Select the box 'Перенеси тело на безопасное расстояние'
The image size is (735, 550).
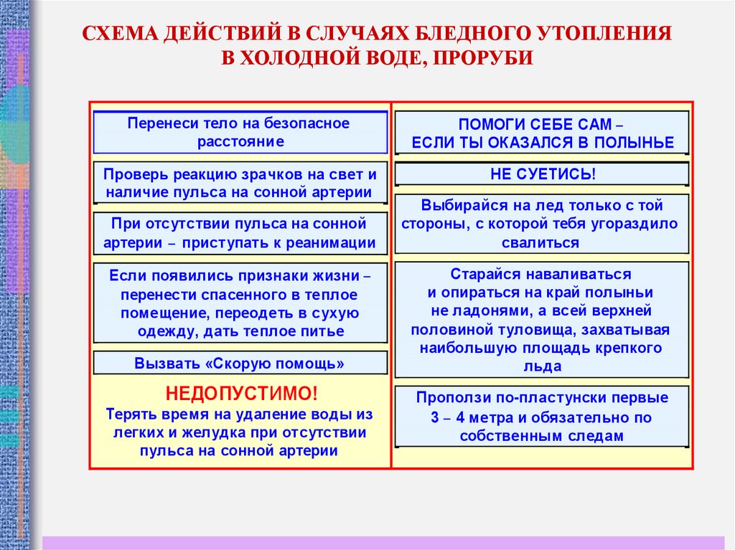click(240, 133)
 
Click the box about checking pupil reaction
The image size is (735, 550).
click(240, 183)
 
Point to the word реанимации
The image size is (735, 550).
click(331, 242)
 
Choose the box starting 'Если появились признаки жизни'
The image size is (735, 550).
click(240, 303)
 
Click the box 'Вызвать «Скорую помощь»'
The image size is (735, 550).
click(240, 364)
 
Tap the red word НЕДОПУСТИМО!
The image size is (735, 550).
click(240, 394)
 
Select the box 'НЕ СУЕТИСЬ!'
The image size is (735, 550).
click(542, 174)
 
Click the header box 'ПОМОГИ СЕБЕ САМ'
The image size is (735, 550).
click(542, 133)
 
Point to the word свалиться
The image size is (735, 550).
click(542, 242)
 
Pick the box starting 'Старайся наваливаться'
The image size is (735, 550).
click(542, 320)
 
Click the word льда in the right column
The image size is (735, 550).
click(542, 366)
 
